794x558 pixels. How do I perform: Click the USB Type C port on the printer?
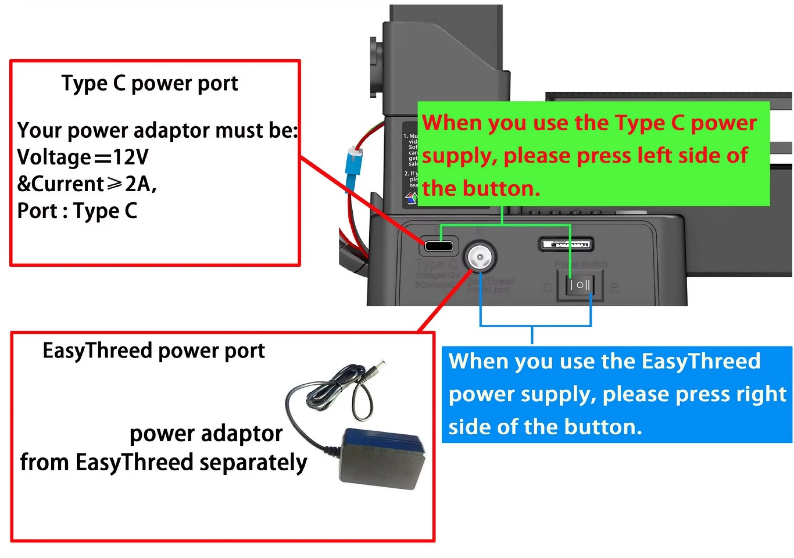tap(439, 246)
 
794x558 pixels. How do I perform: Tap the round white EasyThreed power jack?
tap(480, 257)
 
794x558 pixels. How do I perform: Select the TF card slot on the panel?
tap(566, 244)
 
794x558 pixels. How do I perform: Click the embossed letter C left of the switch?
tap(547, 288)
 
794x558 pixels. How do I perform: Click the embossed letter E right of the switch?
tap(614, 288)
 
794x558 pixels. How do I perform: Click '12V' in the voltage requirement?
tap(131, 157)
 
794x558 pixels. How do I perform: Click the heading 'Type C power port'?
tap(150, 83)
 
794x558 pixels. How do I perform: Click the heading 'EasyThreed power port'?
tap(154, 351)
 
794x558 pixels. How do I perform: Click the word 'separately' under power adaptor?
tap(253, 463)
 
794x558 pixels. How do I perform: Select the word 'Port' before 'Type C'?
tap(37, 211)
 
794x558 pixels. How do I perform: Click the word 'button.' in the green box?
tap(501, 189)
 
